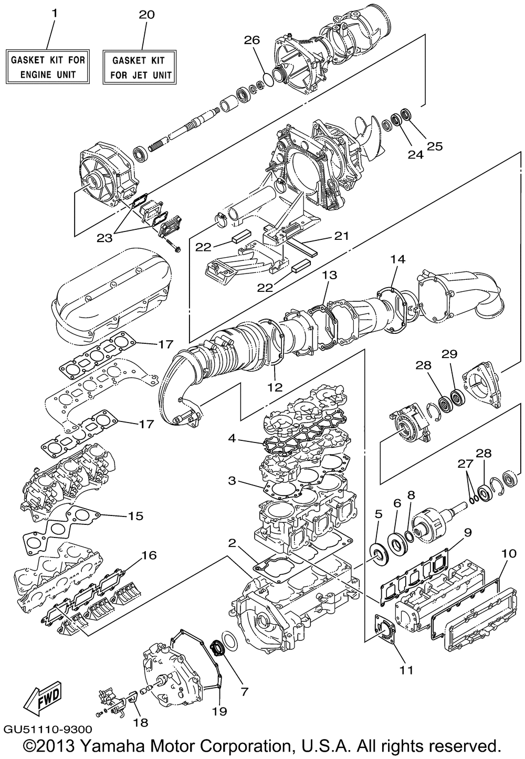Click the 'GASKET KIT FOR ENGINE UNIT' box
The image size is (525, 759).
point(48,67)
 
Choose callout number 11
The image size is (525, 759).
point(407,670)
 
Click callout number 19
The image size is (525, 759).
point(219,711)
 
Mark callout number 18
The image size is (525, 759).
point(141,722)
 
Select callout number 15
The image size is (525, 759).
point(135,515)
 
